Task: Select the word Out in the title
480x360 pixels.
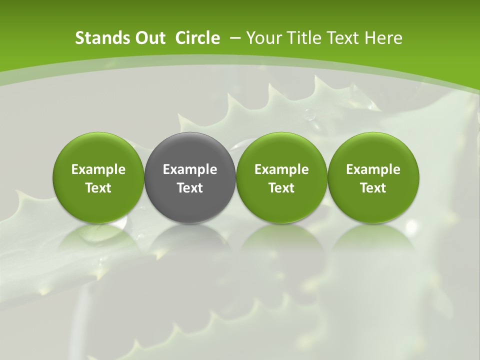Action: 146,38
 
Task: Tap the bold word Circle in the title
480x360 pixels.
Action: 197,38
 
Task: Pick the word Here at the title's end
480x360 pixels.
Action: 383,38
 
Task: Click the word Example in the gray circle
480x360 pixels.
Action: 190,169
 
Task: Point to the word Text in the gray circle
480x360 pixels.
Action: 190,188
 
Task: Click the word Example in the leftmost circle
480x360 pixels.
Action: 98,169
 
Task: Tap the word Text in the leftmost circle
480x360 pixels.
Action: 98,188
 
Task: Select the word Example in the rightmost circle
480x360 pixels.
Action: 373,169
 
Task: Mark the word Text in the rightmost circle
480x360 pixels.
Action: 373,188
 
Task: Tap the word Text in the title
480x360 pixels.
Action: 343,38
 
